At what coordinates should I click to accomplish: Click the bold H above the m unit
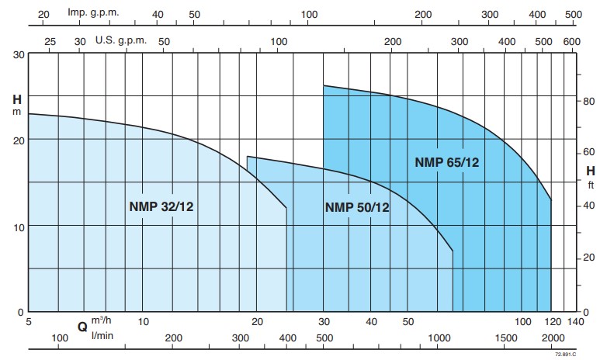(x=16, y=99)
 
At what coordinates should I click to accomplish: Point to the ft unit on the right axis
(x=591, y=185)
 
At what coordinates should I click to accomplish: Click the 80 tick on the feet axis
(x=589, y=101)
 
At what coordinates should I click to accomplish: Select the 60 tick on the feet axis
(x=589, y=154)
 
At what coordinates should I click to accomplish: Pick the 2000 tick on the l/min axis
(x=553, y=338)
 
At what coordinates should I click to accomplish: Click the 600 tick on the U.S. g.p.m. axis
(x=572, y=40)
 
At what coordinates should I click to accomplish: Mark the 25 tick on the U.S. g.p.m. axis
(x=50, y=40)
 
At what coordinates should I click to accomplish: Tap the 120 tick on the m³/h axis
(x=552, y=322)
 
